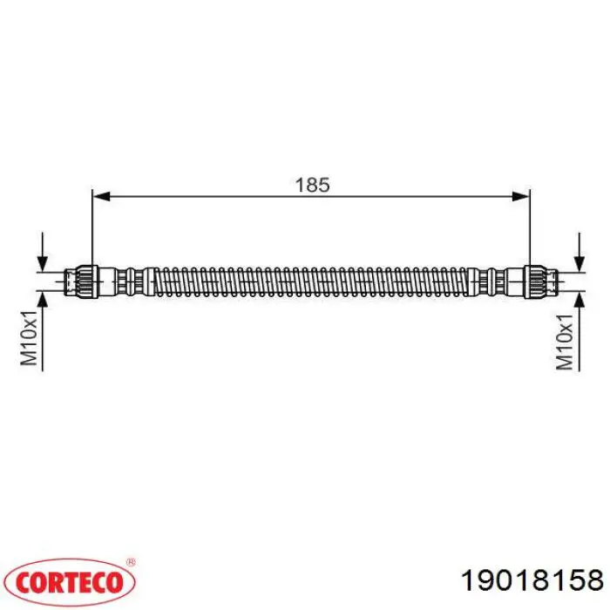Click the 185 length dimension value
[312, 185]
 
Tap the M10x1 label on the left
[29, 338]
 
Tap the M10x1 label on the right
[565, 342]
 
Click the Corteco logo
[70, 582]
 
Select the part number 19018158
[532, 581]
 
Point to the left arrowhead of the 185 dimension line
[102, 196]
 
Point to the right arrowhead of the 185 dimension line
[520, 196]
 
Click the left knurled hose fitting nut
[87, 281]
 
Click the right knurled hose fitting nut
[535, 281]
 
